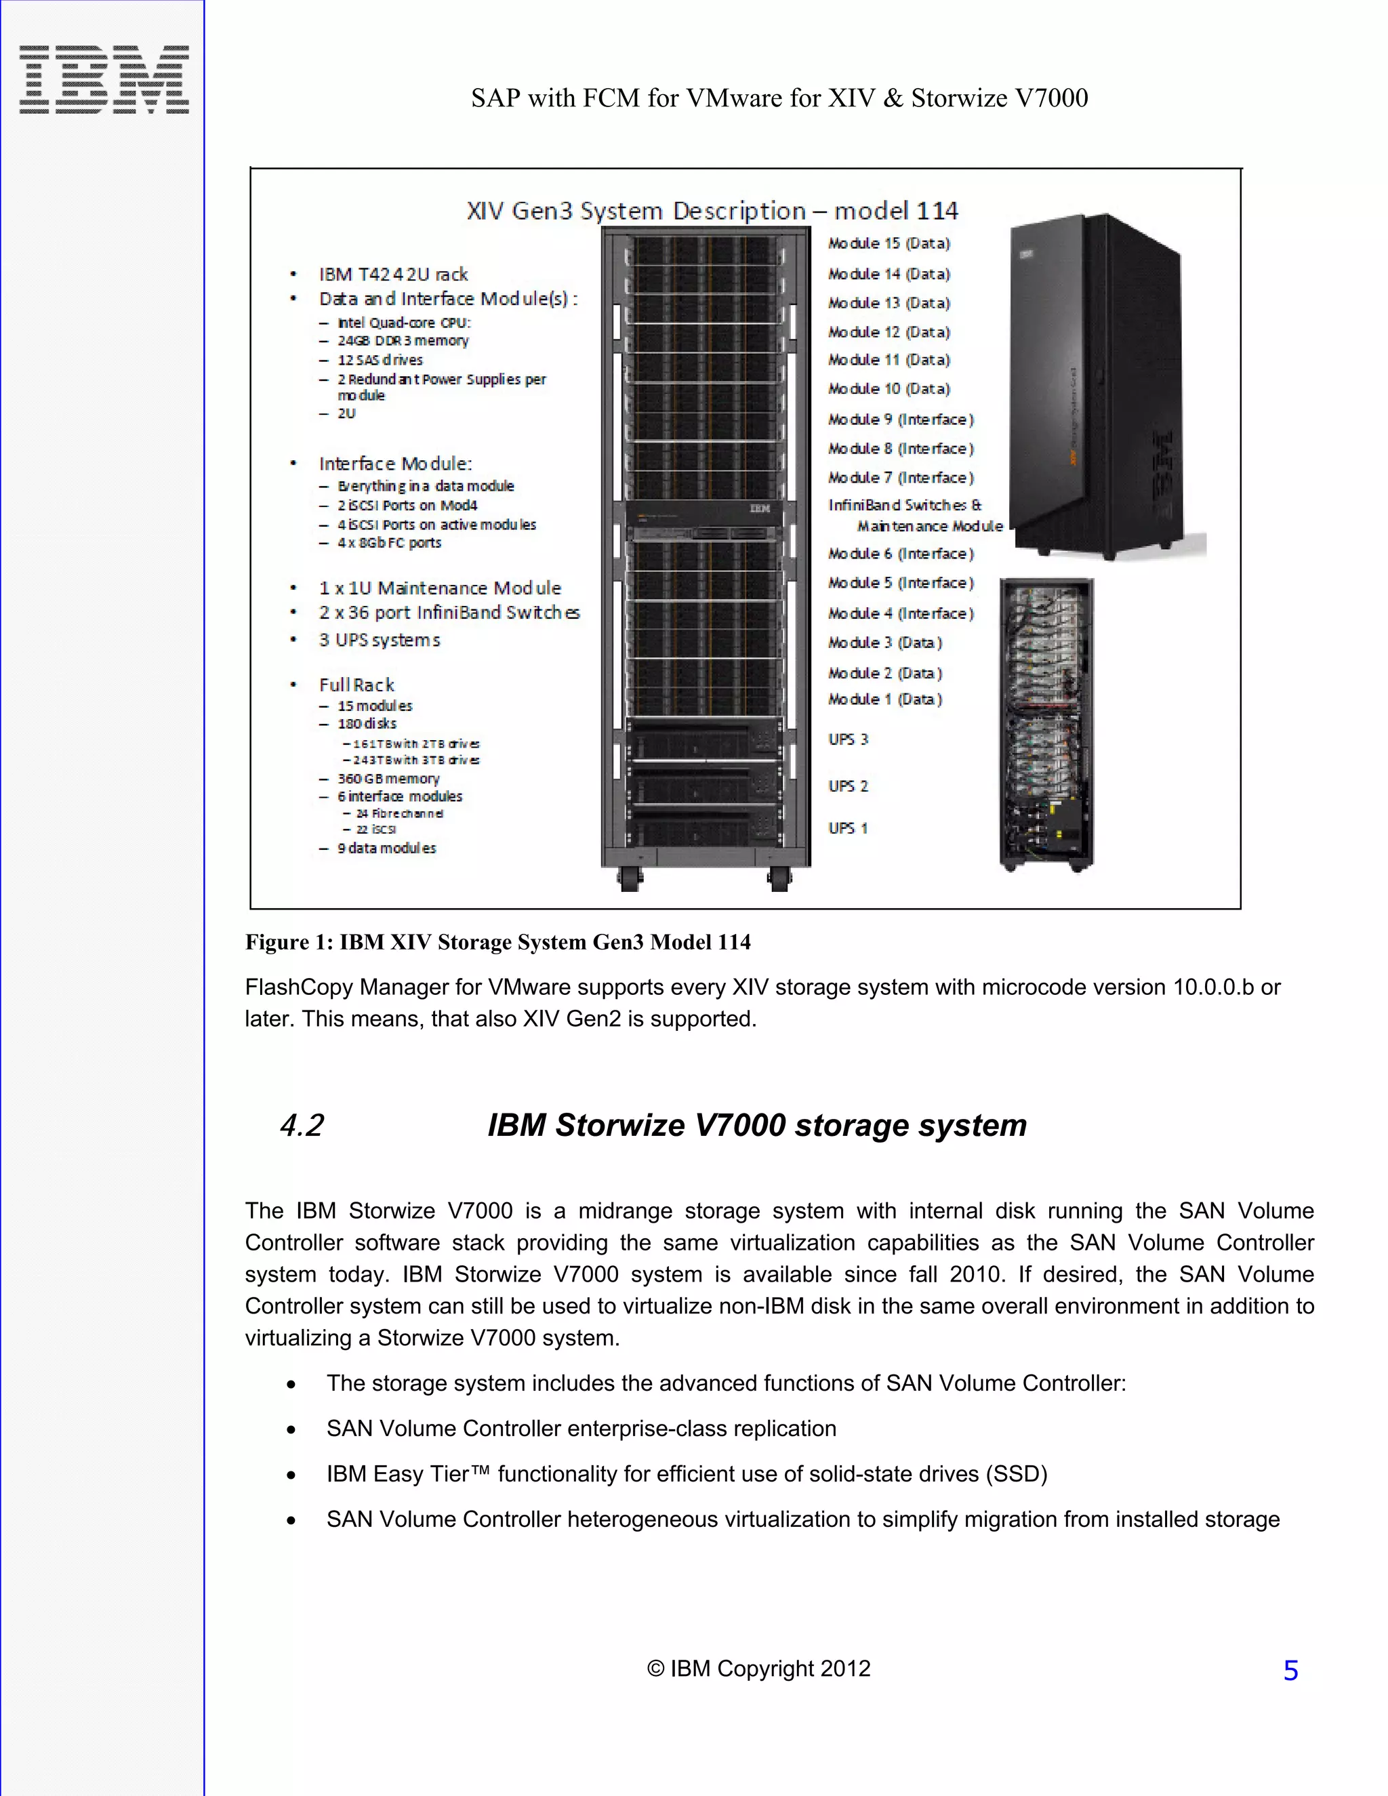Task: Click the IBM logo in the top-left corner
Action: coord(104,80)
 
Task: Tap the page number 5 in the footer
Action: coord(1290,1670)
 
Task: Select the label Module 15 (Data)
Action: coord(889,243)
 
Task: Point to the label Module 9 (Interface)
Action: coord(901,420)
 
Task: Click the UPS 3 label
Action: coord(848,739)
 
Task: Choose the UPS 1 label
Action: coord(848,828)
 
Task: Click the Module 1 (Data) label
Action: coord(884,699)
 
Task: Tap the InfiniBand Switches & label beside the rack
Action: coord(905,505)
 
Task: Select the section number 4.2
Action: coord(302,1125)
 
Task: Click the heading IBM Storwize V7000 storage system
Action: coord(756,1125)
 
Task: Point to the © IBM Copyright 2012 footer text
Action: coord(758,1669)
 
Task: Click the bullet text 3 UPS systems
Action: coord(379,640)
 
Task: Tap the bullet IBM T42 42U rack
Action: coord(393,274)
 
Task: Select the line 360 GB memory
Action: coord(388,778)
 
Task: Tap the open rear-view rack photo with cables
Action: coord(1046,724)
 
